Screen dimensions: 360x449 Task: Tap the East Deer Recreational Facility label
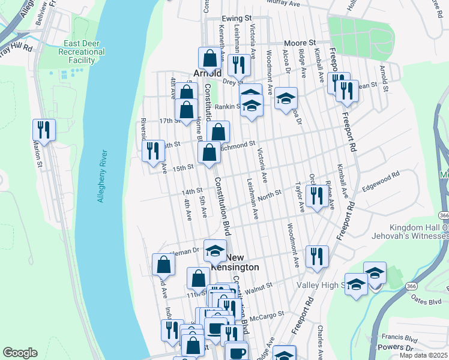click(x=85, y=52)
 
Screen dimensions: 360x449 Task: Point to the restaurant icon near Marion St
click(x=44, y=128)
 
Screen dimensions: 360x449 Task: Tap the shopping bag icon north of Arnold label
click(x=209, y=58)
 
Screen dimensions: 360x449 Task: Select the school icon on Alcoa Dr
click(x=286, y=98)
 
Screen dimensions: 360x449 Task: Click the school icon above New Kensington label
click(x=214, y=250)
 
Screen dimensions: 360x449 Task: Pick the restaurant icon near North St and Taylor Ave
click(x=315, y=195)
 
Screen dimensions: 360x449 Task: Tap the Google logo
click(x=20, y=353)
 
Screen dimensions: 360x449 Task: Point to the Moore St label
click(x=300, y=43)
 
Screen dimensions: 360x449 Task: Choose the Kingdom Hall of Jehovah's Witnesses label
click(x=419, y=232)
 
